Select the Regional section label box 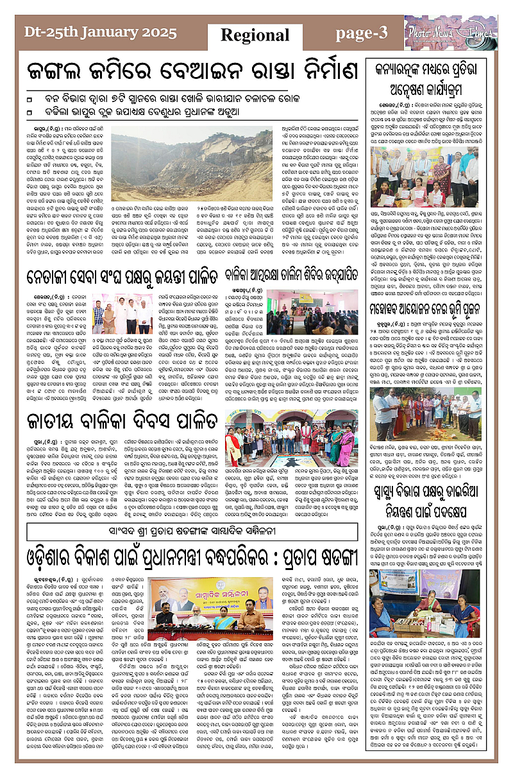pos(255,35)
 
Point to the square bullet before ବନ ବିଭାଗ pos(29,99)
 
